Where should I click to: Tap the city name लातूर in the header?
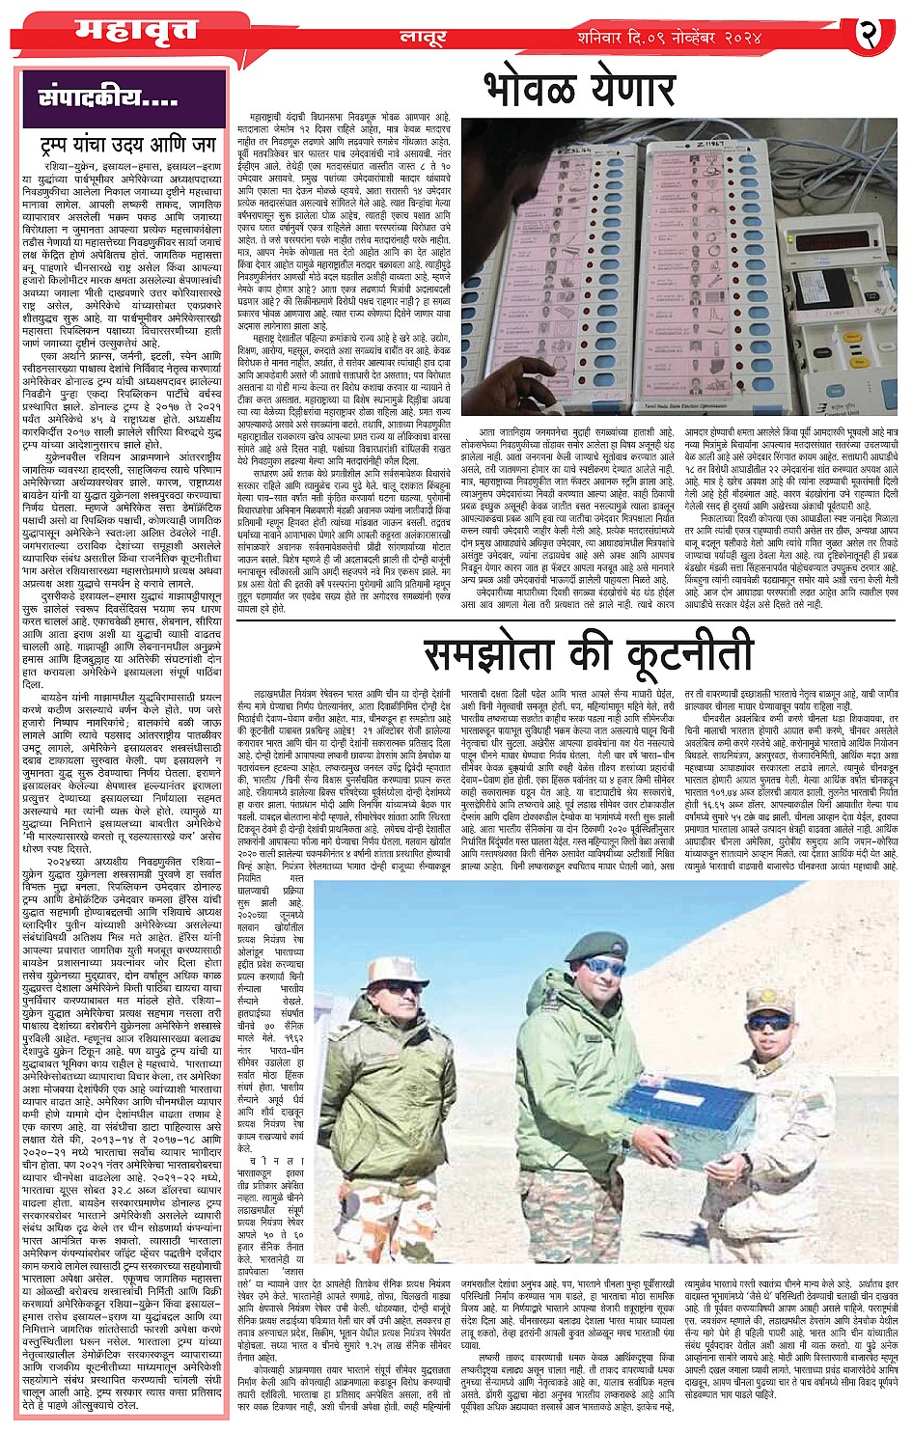(423, 38)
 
